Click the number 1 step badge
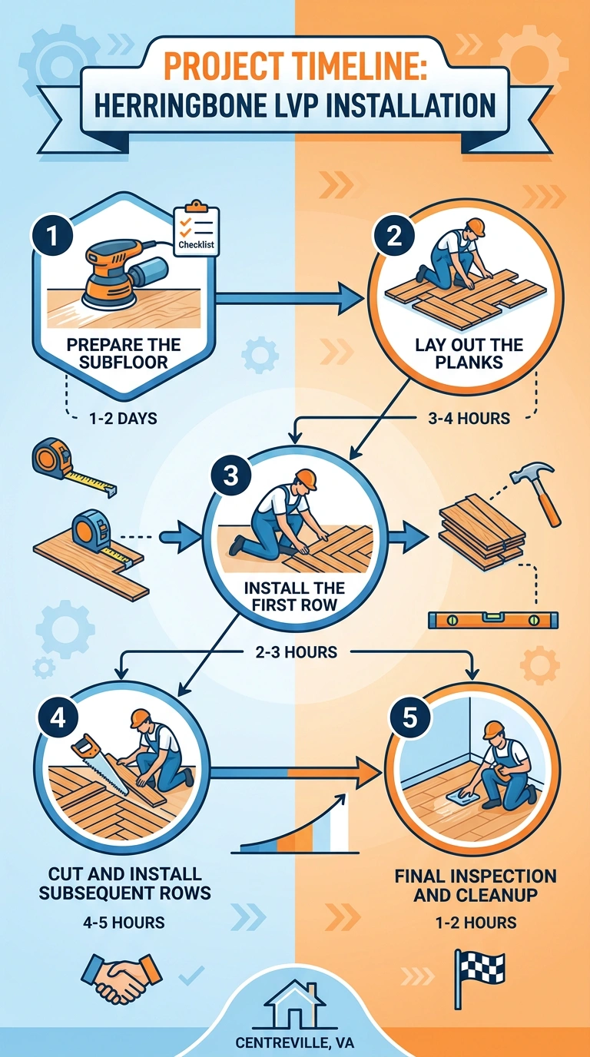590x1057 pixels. point(52,236)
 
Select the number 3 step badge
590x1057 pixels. point(230,475)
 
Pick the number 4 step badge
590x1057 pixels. point(58,719)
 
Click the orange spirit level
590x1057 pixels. point(493,620)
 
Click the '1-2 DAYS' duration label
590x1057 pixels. point(123,418)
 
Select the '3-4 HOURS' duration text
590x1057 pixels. point(469,418)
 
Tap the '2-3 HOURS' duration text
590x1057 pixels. point(297,652)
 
